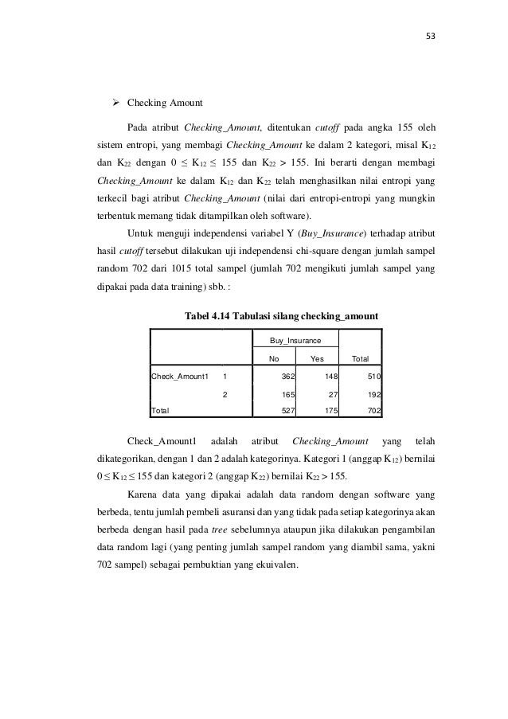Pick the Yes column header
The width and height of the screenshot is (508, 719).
[317, 358]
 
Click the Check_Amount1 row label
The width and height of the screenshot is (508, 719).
[181, 375]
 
